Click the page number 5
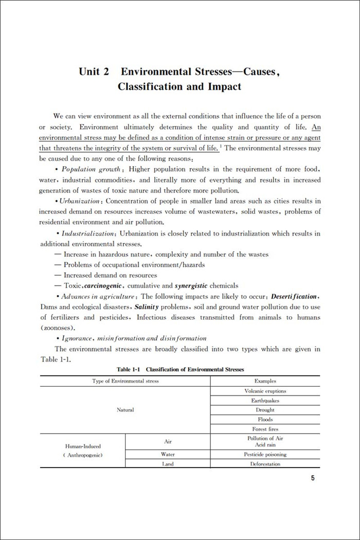pos(313,478)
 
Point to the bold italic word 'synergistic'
pos(192,286)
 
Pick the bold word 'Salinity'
pos(149,307)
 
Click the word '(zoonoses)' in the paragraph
pos(58,328)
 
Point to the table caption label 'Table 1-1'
pos(128,370)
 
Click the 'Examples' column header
pos(265,381)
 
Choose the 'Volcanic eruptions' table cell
pos(265,391)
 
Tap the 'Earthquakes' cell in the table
pos(265,401)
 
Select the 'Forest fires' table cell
pos(265,429)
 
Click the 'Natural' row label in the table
pos(125,410)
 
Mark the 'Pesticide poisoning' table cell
pos(265,455)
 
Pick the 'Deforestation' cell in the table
pos(265,464)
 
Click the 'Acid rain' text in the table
pos(265,445)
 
